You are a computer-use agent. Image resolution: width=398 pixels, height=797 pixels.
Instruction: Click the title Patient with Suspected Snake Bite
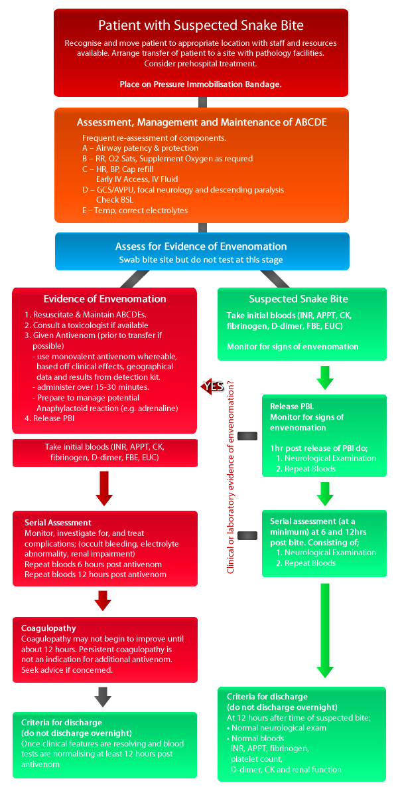pyautogui.click(x=201, y=26)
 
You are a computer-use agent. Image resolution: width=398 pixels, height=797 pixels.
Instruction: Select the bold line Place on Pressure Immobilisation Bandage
pyautogui.click(x=201, y=84)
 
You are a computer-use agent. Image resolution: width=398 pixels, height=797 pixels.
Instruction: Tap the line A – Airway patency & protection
pyautogui.click(x=140, y=148)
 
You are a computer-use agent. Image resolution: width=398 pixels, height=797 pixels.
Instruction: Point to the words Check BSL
pyautogui.click(x=115, y=200)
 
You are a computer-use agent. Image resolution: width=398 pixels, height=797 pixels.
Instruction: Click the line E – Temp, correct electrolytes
pyautogui.click(x=135, y=211)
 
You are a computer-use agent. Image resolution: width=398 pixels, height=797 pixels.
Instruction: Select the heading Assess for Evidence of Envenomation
pyautogui.click(x=201, y=246)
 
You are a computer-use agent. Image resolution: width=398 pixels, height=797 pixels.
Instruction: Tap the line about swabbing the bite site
pyautogui.click(x=201, y=260)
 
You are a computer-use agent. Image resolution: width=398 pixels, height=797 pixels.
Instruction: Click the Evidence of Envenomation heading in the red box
pyautogui.click(x=105, y=299)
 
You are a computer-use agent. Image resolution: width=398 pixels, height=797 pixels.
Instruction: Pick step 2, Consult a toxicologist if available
pyautogui.click(x=86, y=325)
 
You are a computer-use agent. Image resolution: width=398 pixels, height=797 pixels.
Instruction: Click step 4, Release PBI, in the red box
pyautogui.click(x=49, y=418)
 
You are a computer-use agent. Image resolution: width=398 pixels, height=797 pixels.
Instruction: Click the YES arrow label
pyautogui.click(x=212, y=387)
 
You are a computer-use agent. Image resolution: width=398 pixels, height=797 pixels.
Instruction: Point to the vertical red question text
pyautogui.click(x=231, y=477)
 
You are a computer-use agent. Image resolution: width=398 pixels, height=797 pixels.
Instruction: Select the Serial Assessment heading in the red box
pyautogui.click(x=58, y=523)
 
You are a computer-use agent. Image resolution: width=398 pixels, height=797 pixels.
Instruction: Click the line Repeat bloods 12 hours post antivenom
pyautogui.click(x=96, y=575)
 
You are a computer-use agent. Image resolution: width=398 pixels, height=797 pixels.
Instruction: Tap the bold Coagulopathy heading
pyautogui.click(x=48, y=628)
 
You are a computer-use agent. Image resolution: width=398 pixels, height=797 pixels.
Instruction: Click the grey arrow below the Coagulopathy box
pyautogui.click(x=103, y=697)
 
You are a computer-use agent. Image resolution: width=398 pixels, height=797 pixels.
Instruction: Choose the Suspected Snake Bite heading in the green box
pyautogui.click(x=298, y=299)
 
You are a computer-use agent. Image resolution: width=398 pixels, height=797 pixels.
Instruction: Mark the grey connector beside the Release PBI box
pyautogui.click(x=247, y=436)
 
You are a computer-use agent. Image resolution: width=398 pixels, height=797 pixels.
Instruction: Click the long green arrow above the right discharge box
pyautogui.click(x=325, y=630)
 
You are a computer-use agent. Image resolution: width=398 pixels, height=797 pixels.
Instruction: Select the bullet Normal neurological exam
pyautogui.click(x=277, y=728)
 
